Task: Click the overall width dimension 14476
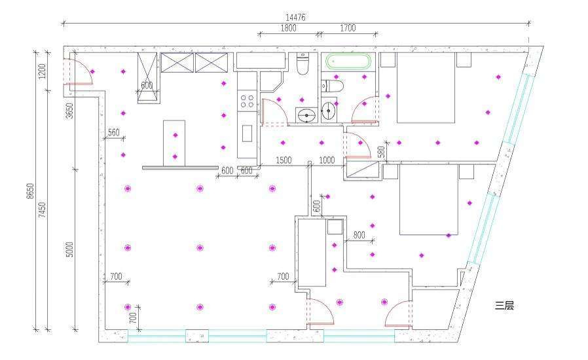click(x=295, y=17)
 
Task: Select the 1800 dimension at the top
click(x=288, y=27)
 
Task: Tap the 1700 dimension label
click(x=348, y=27)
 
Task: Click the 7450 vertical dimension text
click(x=42, y=209)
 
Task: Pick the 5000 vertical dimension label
click(x=70, y=249)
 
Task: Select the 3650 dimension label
click(x=70, y=111)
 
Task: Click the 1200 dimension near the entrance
click(x=42, y=71)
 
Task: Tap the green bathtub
click(x=348, y=61)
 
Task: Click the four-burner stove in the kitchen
click(x=247, y=101)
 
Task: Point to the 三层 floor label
click(x=504, y=306)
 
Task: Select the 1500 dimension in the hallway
click(x=284, y=160)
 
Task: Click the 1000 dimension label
click(x=327, y=160)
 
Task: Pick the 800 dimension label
click(x=359, y=235)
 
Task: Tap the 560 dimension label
click(x=114, y=132)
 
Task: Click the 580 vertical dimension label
click(x=381, y=151)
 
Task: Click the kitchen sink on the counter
click(x=247, y=133)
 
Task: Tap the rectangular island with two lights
click(x=174, y=143)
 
